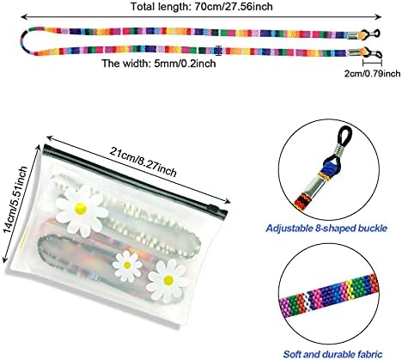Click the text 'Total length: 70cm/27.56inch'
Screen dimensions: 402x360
tap(202, 6)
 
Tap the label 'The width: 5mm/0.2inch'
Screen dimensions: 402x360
tap(159, 64)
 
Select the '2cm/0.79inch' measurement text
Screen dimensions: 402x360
tap(372, 74)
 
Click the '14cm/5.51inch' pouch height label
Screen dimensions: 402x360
tap(15, 199)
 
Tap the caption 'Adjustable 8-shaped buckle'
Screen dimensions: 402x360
tap(326, 229)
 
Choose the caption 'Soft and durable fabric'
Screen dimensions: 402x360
tap(332, 354)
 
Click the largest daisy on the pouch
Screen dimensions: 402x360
tap(82, 211)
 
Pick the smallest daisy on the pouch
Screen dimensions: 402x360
tap(127, 266)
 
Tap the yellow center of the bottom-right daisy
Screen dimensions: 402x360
tap(167, 280)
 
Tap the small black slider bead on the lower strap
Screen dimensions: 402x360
tap(218, 51)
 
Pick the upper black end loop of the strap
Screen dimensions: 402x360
tap(373, 33)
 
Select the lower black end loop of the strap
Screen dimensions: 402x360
tap(374, 53)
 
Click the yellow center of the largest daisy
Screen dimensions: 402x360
tap(80, 209)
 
